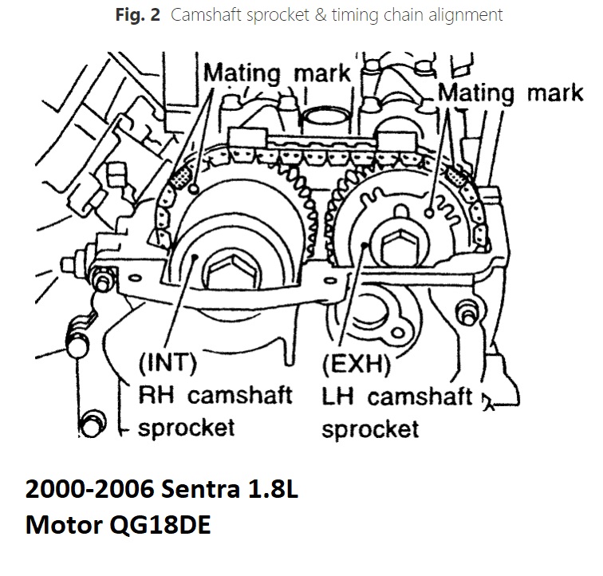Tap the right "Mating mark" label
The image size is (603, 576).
click(511, 93)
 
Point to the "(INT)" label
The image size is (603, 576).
click(167, 364)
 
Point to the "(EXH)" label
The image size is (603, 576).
click(356, 366)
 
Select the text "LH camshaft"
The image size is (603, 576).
click(397, 396)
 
